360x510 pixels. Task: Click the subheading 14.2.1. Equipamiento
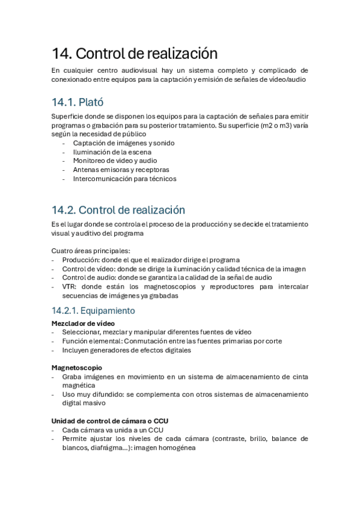(93, 311)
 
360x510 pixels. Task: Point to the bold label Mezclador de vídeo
(78, 324)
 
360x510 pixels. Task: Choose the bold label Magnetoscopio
(76, 367)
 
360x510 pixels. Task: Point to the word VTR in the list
(69, 287)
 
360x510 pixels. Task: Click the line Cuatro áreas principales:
(90, 251)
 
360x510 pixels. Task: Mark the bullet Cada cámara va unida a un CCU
(112, 430)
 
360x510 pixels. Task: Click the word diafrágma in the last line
(108, 447)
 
